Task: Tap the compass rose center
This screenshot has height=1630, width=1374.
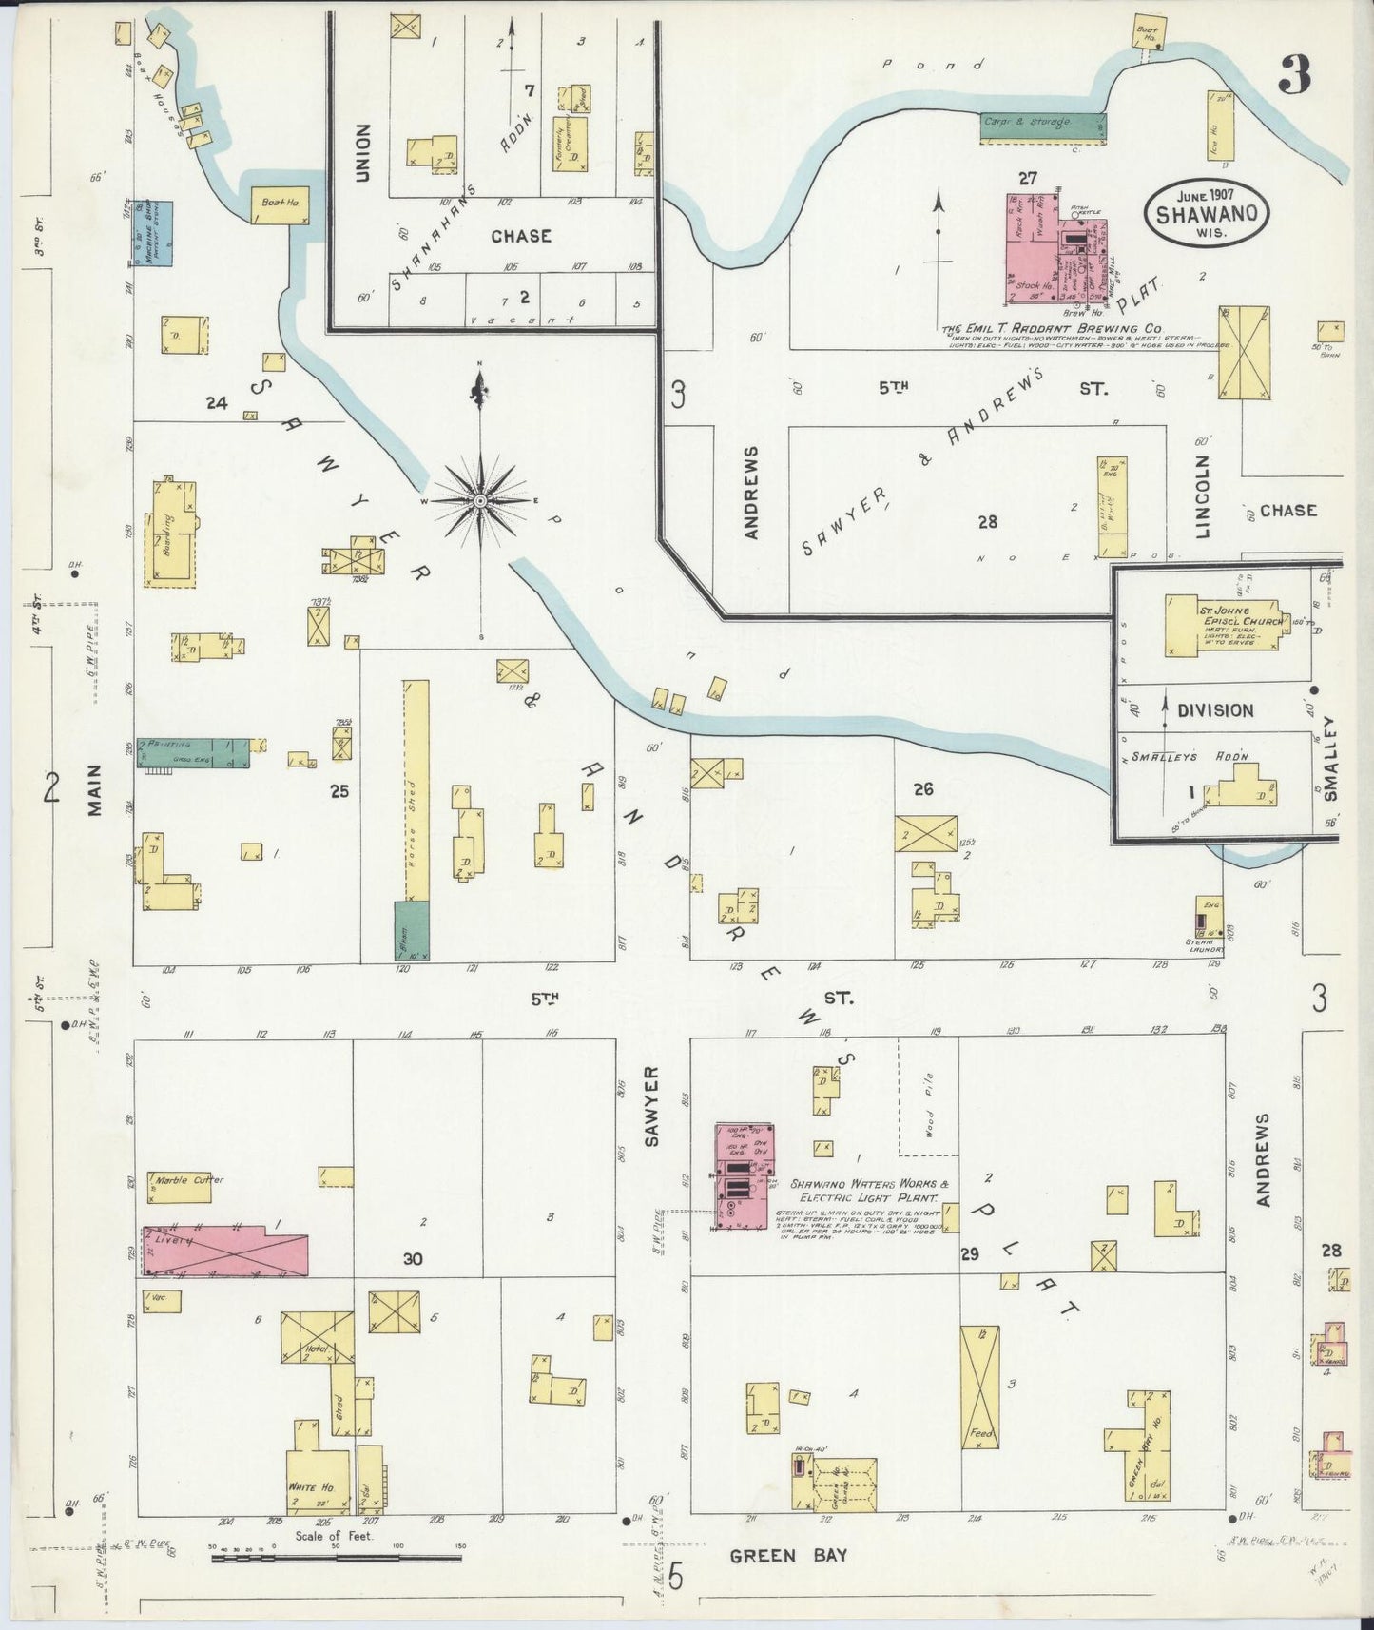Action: pyautogui.click(x=480, y=500)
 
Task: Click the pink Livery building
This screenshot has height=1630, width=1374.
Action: pyautogui.click(x=226, y=1251)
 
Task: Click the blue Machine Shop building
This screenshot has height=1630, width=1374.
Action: pyautogui.click(x=152, y=232)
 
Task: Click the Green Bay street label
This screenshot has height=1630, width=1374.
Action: pyautogui.click(x=787, y=1556)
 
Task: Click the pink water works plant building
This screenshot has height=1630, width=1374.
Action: pyautogui.click(x=744, y=1177)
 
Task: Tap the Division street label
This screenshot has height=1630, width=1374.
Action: pyautogui.click(x=1214, y=710)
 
